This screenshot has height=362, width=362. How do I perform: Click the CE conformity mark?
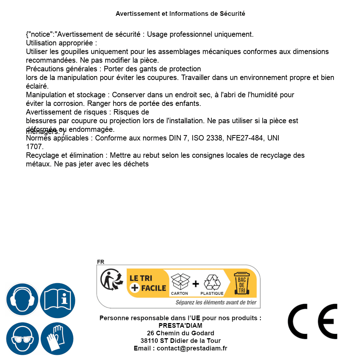[313, 321]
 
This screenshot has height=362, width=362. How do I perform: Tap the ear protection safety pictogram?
[22, 299]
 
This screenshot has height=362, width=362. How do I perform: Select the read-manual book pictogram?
[58, 299]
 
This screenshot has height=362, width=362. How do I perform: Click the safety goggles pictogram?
[22, 339]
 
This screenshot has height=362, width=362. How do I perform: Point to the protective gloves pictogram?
[57, 339]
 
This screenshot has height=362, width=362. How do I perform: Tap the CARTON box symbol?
[180, 283]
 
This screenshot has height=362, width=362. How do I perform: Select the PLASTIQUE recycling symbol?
[212, 283]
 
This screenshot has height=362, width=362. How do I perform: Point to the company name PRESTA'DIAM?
[180, 326]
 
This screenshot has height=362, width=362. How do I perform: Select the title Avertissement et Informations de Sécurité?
[180, 14]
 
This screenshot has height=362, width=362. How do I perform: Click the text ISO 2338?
[207, 138]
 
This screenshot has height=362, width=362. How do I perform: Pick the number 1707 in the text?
[35, 147]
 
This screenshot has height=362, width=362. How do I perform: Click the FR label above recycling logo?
[100, 262]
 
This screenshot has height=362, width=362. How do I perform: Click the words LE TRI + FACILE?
[148, 283]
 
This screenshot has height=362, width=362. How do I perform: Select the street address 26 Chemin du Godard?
[180, 333]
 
